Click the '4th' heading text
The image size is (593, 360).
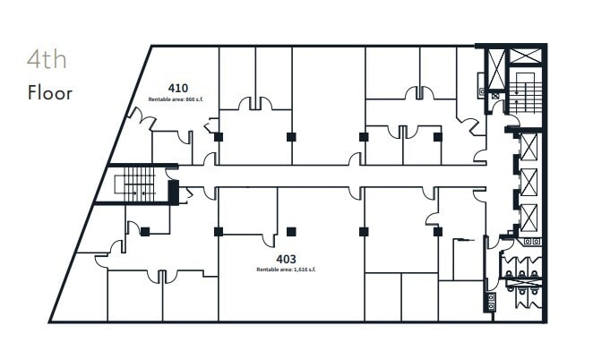47,61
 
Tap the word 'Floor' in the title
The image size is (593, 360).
49,92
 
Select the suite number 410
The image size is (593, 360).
177,88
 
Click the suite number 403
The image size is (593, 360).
286,260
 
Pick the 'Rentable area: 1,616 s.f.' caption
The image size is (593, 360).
286,270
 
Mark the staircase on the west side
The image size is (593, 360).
139,184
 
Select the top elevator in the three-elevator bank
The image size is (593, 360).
529,146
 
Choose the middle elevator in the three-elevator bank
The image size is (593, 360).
529,182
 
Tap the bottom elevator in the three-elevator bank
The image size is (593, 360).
529,218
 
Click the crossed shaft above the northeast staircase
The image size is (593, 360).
526,56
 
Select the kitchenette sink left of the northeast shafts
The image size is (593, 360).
482,90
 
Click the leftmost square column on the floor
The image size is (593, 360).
145,232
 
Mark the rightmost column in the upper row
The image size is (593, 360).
437,137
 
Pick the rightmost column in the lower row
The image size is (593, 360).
437,232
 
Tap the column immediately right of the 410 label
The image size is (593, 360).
218,137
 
